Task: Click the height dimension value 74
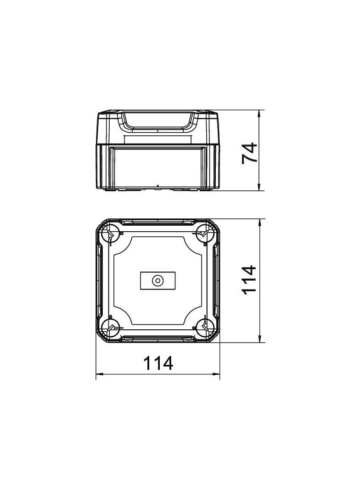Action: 249,152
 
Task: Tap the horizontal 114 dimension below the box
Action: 158,363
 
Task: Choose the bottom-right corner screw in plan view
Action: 205,328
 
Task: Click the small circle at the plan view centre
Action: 157,281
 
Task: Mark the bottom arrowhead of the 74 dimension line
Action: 259,187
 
